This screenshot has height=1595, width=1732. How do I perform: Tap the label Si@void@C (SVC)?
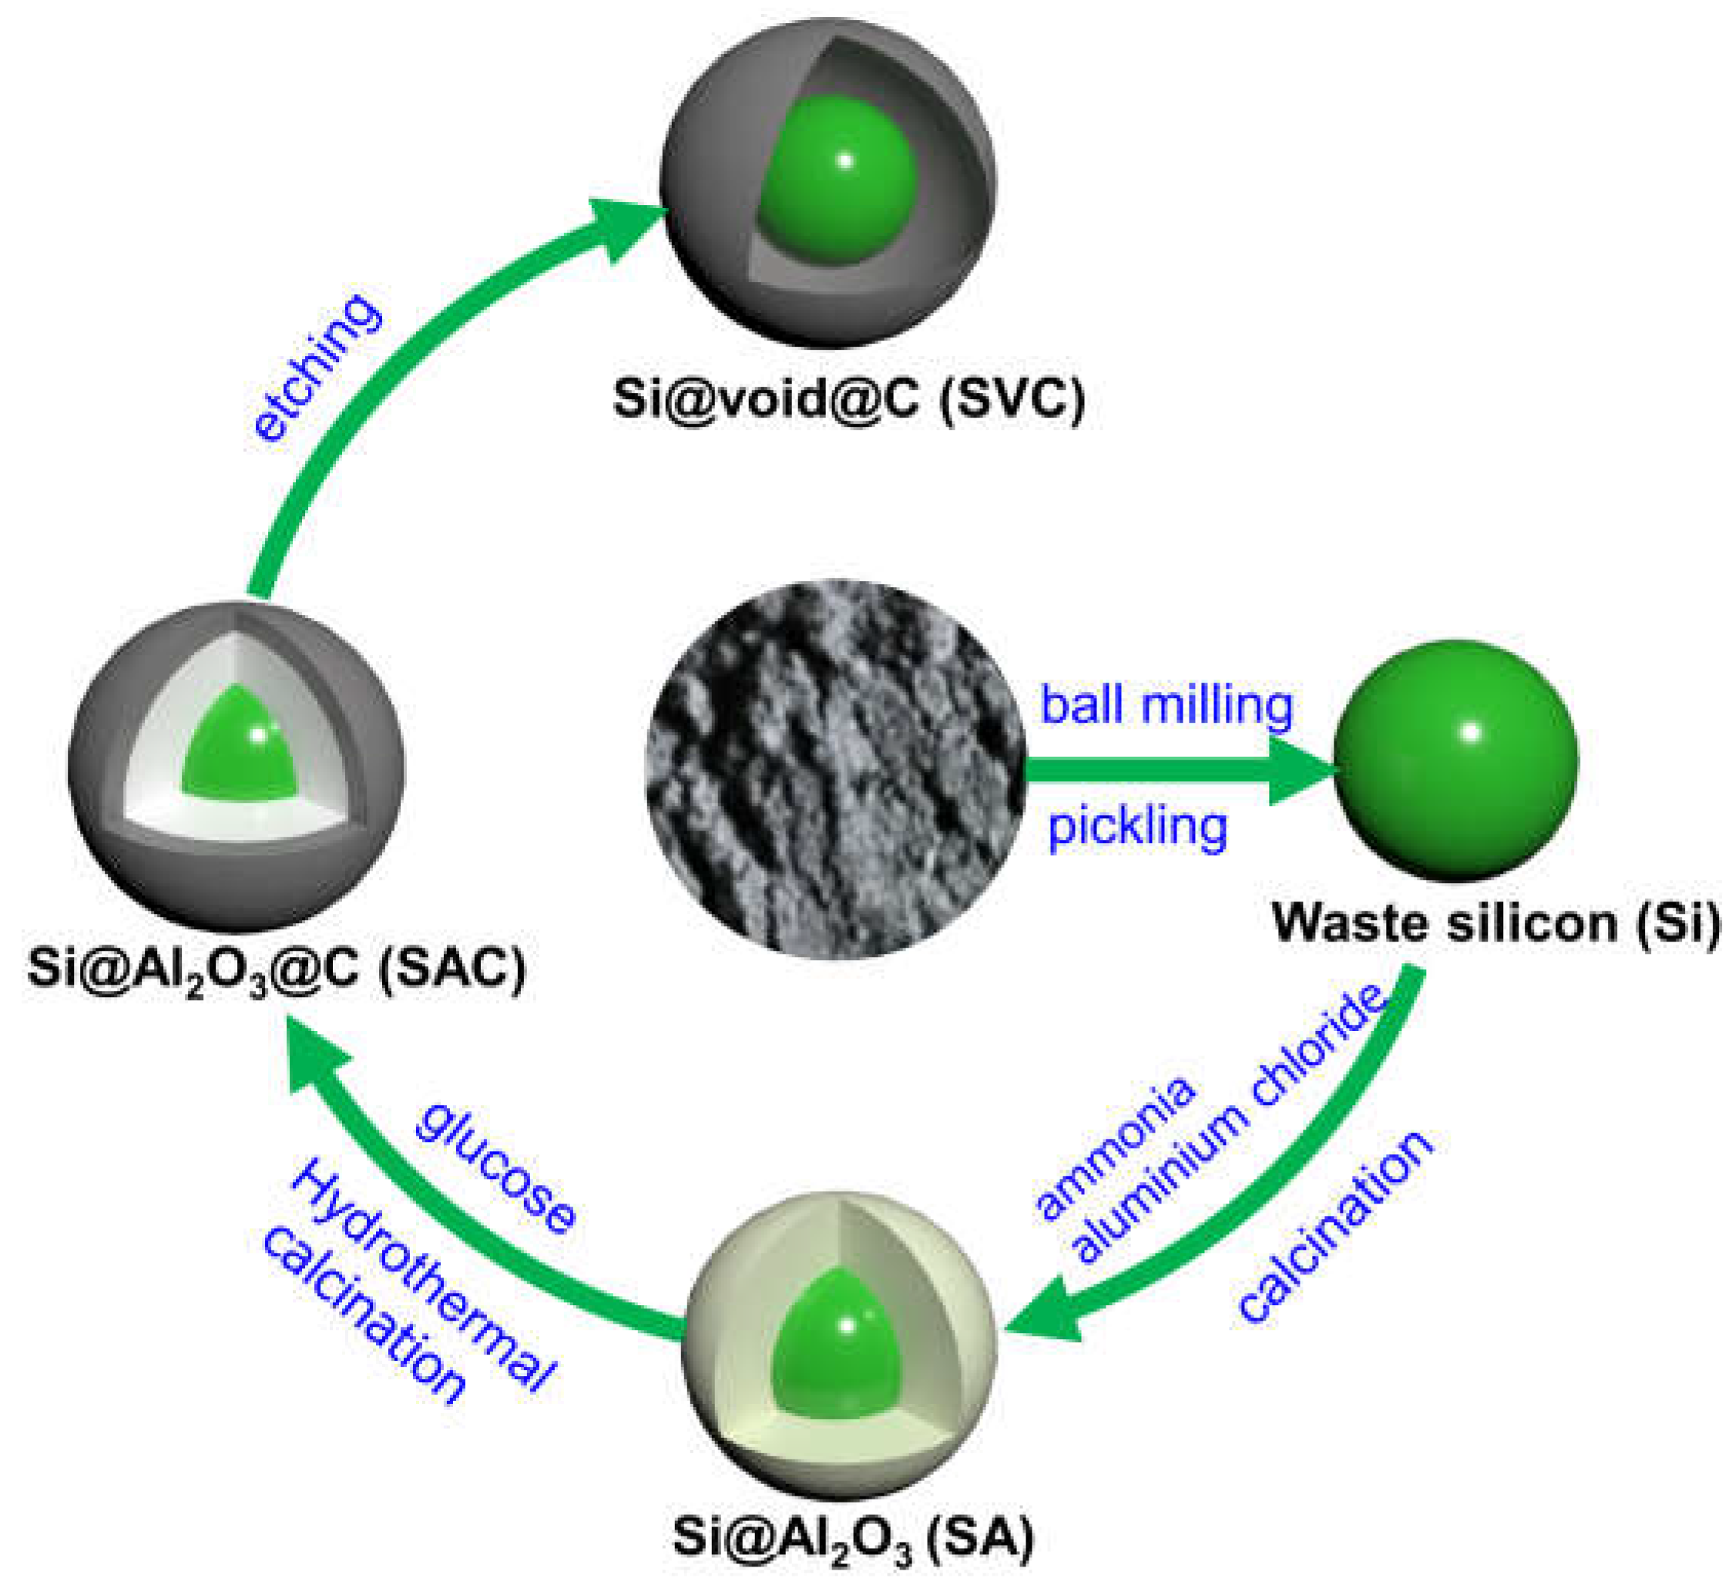coord(848,399)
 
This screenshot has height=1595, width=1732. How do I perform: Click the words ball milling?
coord(1166,706)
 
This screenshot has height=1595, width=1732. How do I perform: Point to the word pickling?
coord(1136,827)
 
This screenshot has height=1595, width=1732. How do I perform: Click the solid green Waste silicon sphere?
coord(1455,759)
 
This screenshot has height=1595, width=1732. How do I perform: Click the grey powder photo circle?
coord(835,768)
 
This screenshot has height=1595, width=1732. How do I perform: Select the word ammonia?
coord(1116,1147)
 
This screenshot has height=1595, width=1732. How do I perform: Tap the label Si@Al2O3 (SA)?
coord(853,1538)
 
